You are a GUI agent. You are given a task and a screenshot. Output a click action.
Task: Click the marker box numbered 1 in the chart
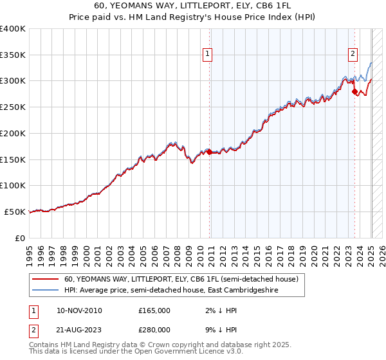pyautogui.click(x=208, y=55)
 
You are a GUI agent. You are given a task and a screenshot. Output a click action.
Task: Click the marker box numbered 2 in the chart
pyautogui.click(x=353, y=55)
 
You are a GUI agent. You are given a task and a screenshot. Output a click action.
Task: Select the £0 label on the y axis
pyautogui.click(x=20, y=238)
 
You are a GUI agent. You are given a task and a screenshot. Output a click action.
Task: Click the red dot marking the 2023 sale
pyautogui.click(x=354, y=92)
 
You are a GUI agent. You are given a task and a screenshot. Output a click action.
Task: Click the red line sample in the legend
pyautogui.click(x=45, y=280)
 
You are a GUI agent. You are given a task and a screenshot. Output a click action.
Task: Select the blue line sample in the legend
pyautogui.click(x=45, y=291)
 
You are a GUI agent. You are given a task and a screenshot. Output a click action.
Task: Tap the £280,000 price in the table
pyautogui.click(x=154, y=329)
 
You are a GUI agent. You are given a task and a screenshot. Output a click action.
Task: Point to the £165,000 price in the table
pyautogui.click(x=154, y=310)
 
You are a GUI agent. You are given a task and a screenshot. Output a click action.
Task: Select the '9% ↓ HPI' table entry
pyautogui.click(x=217, y=329)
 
